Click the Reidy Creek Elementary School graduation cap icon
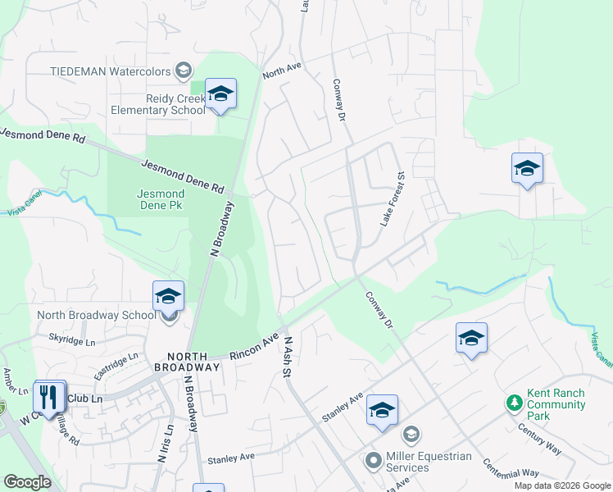[x=220, y=95]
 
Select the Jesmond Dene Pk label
[x=160, y=199]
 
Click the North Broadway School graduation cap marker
[x=168, y=296]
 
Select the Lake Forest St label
[x=392, y=199]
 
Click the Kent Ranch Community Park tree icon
[x=514, y=403]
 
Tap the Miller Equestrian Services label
[x=419, y=462]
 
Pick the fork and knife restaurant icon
[x=49, y=397]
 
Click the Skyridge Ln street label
[x=72, y=339]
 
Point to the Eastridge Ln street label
[x=116, y=366]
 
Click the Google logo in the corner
[x=28, y=482]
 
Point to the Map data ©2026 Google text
[x=561, y=485]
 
